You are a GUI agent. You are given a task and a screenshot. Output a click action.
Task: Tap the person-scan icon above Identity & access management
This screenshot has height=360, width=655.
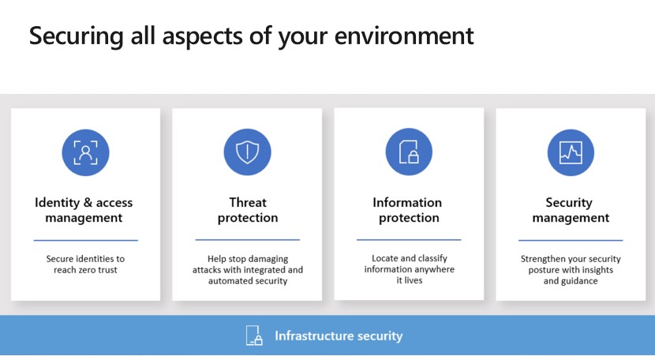(86, 152)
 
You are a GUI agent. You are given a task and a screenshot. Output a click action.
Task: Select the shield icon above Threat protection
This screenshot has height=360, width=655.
(247, 152)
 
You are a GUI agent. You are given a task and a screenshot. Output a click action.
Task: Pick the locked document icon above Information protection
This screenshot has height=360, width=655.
(409, 152)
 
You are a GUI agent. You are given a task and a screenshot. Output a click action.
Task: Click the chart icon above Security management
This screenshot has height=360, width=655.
(571, 152)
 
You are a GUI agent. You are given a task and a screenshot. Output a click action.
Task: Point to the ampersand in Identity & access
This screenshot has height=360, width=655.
(88, 203)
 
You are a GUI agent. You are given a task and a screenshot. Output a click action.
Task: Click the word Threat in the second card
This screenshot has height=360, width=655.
(248, 203)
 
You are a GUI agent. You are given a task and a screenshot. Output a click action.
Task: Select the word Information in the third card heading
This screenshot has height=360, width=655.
(407, 203)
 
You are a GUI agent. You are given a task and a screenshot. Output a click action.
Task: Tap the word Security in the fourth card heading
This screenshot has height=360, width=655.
(569, 203)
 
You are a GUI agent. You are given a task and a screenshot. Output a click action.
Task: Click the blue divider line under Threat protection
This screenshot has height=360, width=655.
(248, 239)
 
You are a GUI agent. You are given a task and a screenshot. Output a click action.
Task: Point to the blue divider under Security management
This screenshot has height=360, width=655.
(571, 240)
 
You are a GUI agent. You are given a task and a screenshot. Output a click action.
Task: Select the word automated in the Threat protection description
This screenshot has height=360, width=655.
(229, 281)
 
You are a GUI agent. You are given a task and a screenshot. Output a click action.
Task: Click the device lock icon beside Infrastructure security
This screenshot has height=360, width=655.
(254, 336)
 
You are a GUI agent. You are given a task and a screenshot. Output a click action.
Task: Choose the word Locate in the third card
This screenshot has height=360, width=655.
(385, 258)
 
